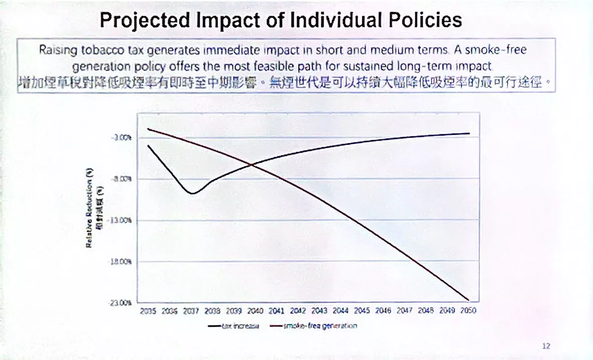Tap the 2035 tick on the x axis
[148, 311]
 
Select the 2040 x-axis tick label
[255, 311]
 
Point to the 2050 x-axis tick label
[468, 311]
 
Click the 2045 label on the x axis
[362, 311]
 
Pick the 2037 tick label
[191, 311]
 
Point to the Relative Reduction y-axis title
[90, 208]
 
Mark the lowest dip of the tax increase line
[192, 193]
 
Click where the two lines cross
[252, 165]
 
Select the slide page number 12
[546, 346]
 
